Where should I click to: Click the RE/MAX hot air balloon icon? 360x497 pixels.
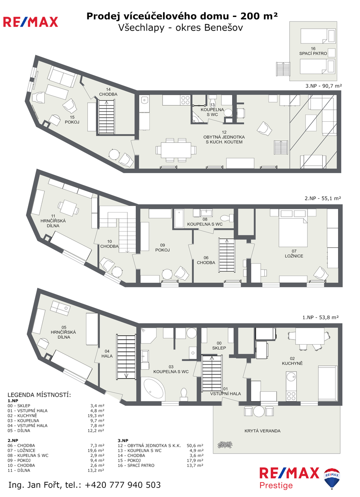pyautogui.click(x=332, y=479)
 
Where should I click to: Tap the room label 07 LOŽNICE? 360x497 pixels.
pyautogui.click(x=294, y=253)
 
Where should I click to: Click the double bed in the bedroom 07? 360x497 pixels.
pyautogui.click(x=293, y=232)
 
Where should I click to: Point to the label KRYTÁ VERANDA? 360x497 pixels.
pyautogui.click(x=262, y=431)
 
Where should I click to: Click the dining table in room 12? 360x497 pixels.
pyautogui.click(x=176, y=150)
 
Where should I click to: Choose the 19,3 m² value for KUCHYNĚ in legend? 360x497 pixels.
pyautogui.click(x=96, y=415)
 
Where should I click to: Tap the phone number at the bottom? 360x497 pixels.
pyautogui.click(x=122, y=485)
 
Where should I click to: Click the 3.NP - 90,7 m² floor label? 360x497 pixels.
pyautogui.click(x=324, y=86)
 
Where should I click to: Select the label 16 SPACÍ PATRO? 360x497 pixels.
pyautogui.click(x=313, y=51)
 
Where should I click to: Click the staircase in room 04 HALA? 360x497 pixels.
pyautogui.click(x=126, y=357)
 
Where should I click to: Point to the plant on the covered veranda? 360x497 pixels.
pyautogui.click(x=225, y=444)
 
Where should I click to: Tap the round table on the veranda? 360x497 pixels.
pyautogui.click(x=259, y=411)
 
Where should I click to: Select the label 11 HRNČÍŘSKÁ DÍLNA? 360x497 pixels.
pyautogui.click(x=53, y=221)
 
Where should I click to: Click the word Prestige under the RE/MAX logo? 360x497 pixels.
pyautogui.click(x=276, y=485)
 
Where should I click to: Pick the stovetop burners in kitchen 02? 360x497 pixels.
pyautogui.click(x=291, y=396)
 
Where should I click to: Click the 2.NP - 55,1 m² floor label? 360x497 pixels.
pyautogui.click(x=323, y=198)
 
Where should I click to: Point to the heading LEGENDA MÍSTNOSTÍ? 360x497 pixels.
pyautogui.click(x=39, y=395)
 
